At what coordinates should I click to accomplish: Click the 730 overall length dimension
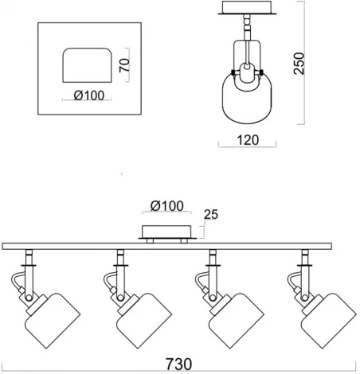pyautogui.click(x=178, y=364)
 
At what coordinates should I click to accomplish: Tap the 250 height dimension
pyautogui.click(x=299, y=64)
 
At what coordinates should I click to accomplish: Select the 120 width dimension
pyautogui.click(x=248, y=140)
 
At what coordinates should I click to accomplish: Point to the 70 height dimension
pyautogui.click(x=124, y=65)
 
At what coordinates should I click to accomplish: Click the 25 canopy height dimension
pyautogui.click(x=211, y=214)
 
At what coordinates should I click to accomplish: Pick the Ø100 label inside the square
pyautogui.click(x=89, y=95)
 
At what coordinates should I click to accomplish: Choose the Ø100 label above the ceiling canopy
pyautogui.click(x=167, y=206)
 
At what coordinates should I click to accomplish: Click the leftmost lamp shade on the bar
pyautogui.click(x=53, y=321)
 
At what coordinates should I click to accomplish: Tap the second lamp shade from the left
pyautogui.click(x=144, y=321)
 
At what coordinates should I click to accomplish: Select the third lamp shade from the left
pyautogui.click(x=237, y=321)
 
